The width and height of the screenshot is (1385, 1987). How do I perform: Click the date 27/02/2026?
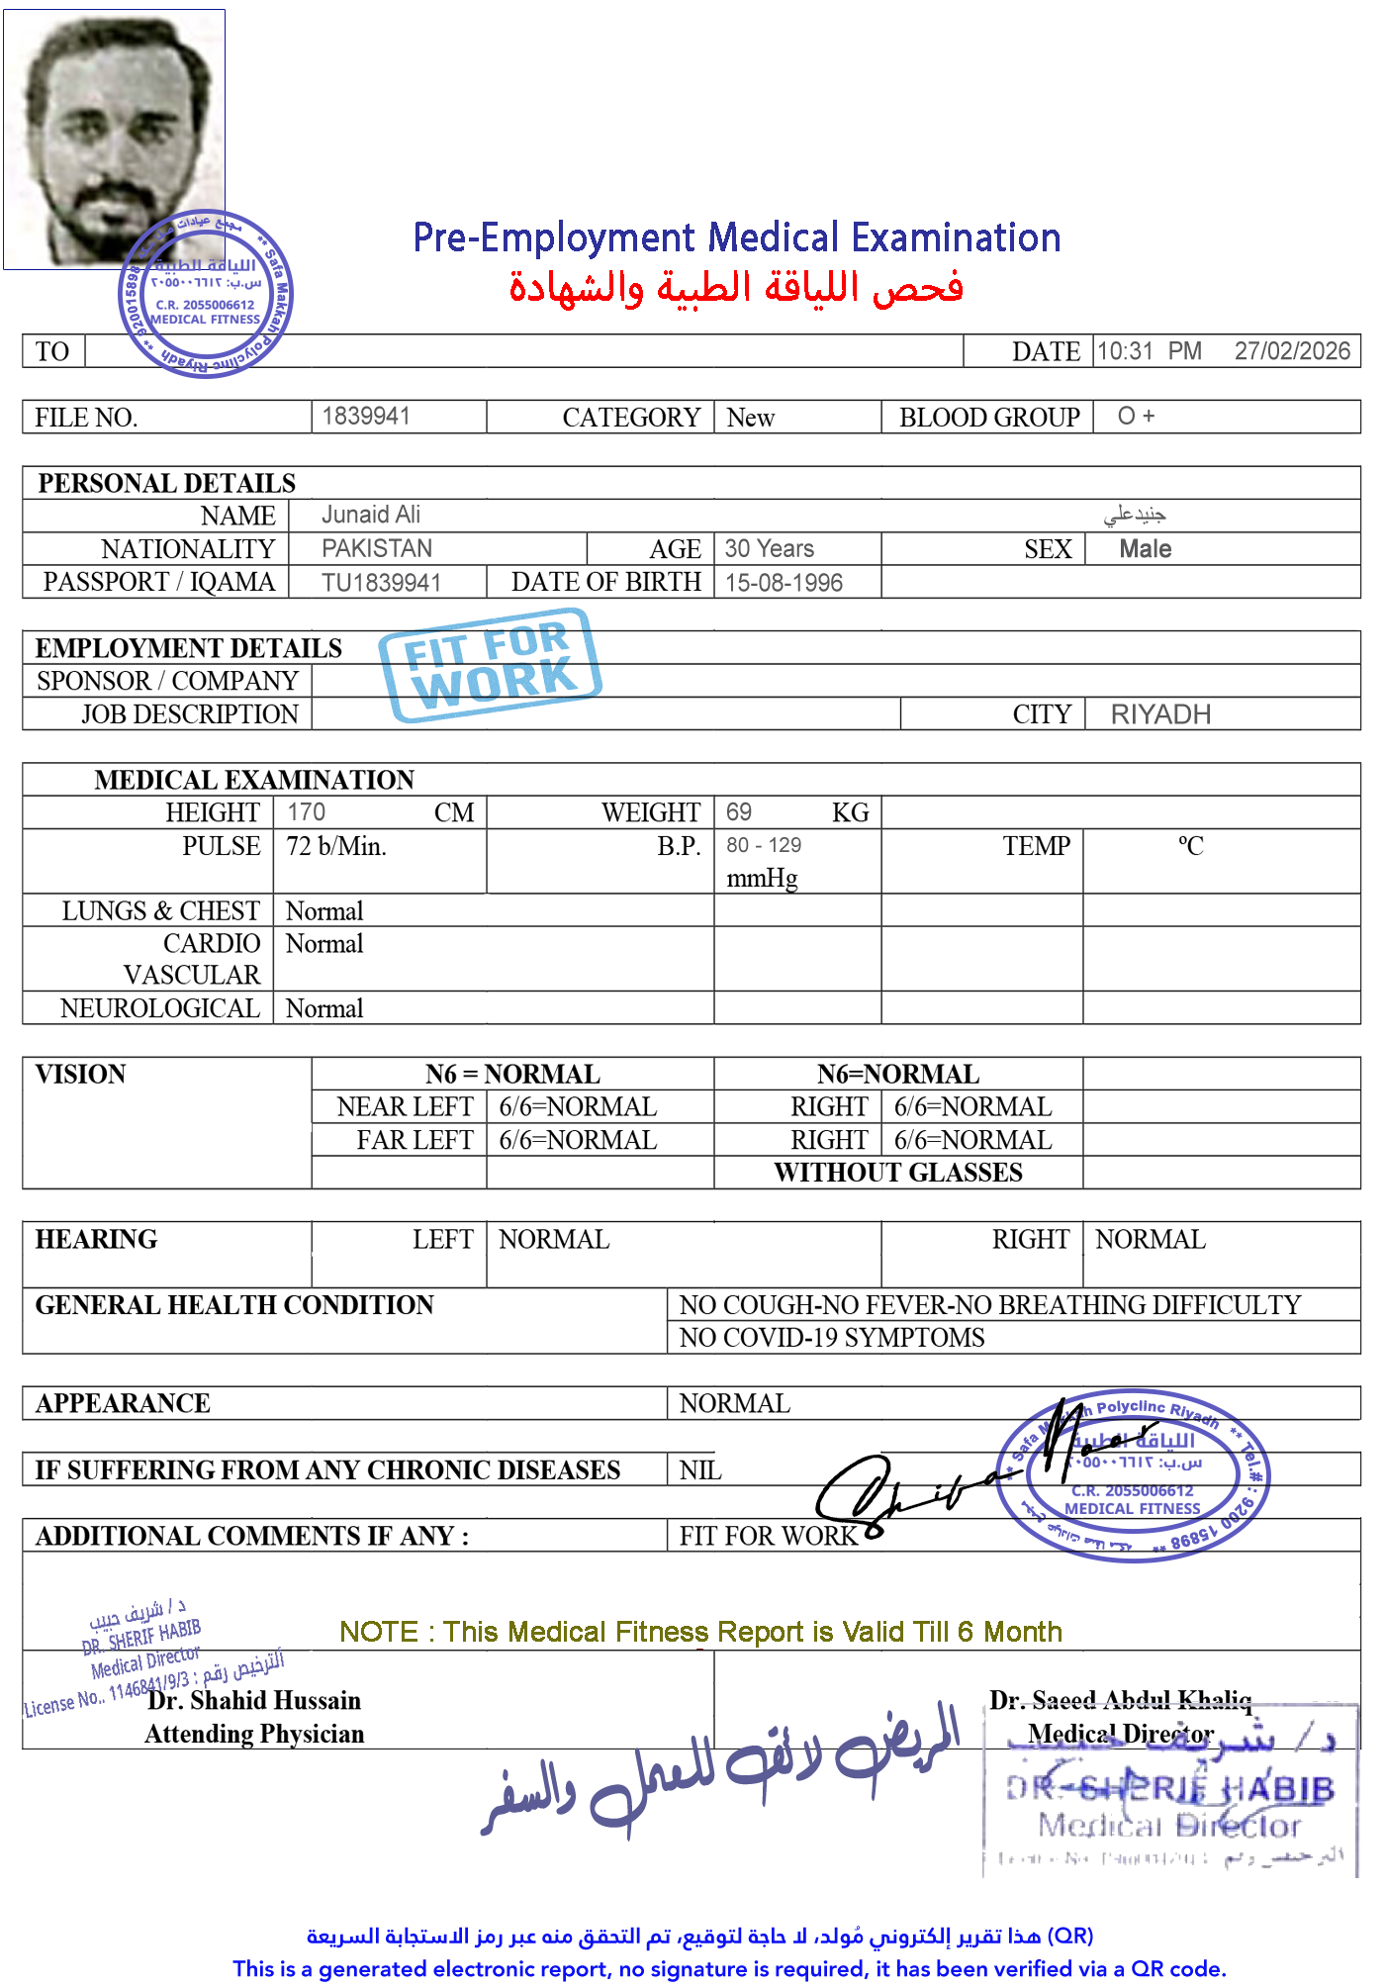pos(1291,351)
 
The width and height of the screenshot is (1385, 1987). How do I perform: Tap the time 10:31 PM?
pos(1148,351)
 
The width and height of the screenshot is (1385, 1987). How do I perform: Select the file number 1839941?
pos(365,416)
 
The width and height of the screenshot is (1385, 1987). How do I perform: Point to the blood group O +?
pos(1136,416)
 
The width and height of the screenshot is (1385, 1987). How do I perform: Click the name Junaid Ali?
pos(370,515)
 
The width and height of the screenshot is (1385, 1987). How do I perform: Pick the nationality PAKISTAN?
pos(376,548)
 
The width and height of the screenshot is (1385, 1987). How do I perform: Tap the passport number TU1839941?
pos(381,583)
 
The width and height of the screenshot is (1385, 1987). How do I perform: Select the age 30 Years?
pos(769,548)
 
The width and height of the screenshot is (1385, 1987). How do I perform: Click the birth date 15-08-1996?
pos(784,583)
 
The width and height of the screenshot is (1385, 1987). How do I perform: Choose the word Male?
pos(1145,549)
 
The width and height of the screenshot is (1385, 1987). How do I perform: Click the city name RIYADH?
pos(1159,714)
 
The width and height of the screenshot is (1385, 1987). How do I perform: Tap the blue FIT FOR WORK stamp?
pos(490,658)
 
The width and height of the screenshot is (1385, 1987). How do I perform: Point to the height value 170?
pos(306,812)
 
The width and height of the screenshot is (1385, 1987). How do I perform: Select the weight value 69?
pos(738,812)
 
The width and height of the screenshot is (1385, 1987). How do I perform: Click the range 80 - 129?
pos(764,846)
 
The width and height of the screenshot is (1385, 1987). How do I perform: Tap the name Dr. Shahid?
pos(207,1700)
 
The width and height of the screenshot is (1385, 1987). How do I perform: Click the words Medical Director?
pos(1120,1734)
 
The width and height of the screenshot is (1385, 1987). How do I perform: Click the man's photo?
pos(114,139)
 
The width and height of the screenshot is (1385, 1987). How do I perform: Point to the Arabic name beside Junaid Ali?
pos(1135,515)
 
